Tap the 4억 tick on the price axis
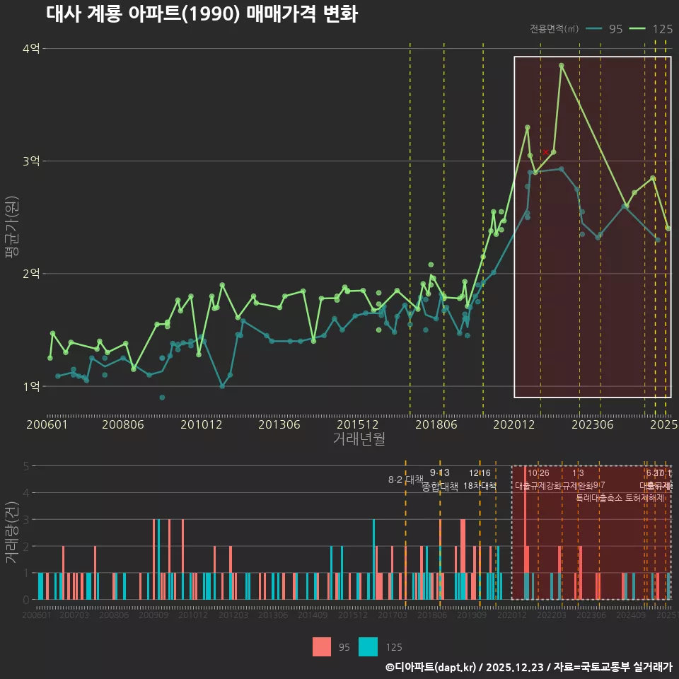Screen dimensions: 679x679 (31, 49)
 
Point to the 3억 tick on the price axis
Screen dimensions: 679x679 (31, 161)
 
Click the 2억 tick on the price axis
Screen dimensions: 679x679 (31, 274)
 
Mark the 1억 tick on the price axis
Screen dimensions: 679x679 (31, 386)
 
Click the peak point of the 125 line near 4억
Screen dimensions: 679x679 (562, 66)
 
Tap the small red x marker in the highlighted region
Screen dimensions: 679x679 (545, 152)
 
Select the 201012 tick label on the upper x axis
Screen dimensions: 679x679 (202, 424)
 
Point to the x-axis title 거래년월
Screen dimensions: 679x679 (359, 439)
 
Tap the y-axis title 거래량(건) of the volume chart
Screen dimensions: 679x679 (11, 533)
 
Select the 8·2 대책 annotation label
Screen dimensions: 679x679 (405, 480)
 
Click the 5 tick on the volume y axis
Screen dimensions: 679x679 (25, 466)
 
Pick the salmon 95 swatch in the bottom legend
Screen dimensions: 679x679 (323, 646)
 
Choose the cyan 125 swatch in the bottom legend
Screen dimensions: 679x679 (368, 646)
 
